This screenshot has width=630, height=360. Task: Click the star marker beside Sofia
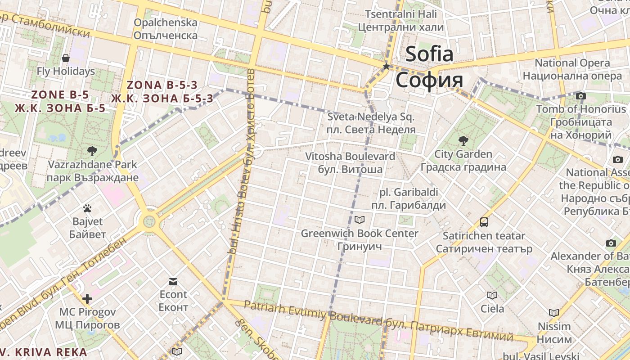[386, 67]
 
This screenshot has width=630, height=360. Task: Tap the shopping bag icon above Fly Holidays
[66, 58]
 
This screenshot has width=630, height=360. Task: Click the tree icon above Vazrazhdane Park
[92, 151]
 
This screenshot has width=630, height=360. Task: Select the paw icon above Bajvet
[87, 208]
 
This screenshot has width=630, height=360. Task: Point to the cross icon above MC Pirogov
[87, 298]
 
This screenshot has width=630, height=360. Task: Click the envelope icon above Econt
[173, 282]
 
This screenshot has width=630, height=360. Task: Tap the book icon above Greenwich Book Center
[360, 220]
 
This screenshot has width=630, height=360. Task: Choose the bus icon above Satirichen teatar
[484, 222]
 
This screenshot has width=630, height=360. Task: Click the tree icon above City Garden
[463, 141]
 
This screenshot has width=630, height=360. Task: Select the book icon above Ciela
[492, 295]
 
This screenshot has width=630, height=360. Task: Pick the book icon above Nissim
[554, 312]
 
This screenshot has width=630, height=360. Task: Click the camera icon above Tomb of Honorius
[581, 96]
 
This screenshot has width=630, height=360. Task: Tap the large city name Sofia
[429, 54]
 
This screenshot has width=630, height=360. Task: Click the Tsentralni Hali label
[401, 14]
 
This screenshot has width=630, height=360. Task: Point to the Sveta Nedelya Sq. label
[371, 117]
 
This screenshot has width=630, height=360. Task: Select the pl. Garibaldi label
[409, 193]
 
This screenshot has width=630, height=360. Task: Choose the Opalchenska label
[166, 22]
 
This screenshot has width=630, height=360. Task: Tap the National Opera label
[572, 63]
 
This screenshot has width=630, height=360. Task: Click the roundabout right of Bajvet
[149, 221]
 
